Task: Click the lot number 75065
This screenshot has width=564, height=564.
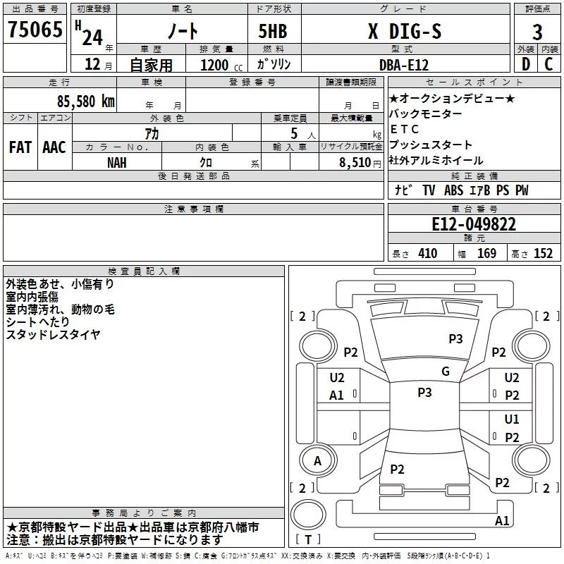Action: click(x=34, y=31)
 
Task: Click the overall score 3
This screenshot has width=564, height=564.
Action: click(x=537, y=32)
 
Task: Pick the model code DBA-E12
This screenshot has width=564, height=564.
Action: click(x=404, y=64)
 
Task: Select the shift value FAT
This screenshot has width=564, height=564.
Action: click(x=20, y=147)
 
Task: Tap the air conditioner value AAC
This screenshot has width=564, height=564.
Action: click(x=54, y=147)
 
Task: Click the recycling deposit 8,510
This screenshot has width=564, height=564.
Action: click(x=355, y=162)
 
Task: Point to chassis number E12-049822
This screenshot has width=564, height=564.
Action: click(x=474, y=224)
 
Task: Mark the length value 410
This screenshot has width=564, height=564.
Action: click(x=427, y=254)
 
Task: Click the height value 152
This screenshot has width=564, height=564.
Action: click(x=543, y=254)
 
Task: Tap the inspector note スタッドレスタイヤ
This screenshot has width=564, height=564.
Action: click(x=54, y=334)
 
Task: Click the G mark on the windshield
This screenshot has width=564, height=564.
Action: click(x=445, y=372)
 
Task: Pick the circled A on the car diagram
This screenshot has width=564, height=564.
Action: click(x=317, y=461)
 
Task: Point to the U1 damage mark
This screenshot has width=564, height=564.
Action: click(x=512, y=419)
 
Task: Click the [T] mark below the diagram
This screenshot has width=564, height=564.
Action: click(x=307, y=540)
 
